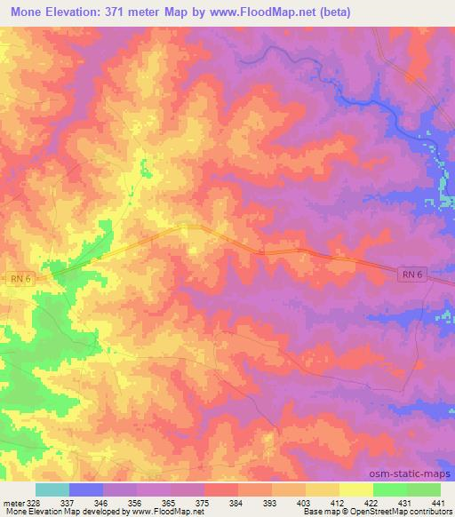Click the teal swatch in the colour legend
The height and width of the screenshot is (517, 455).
(x=52, y=489)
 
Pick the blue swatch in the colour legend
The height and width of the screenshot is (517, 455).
(x=86, y=489)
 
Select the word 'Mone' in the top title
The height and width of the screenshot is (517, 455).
(x=25, y=12)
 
